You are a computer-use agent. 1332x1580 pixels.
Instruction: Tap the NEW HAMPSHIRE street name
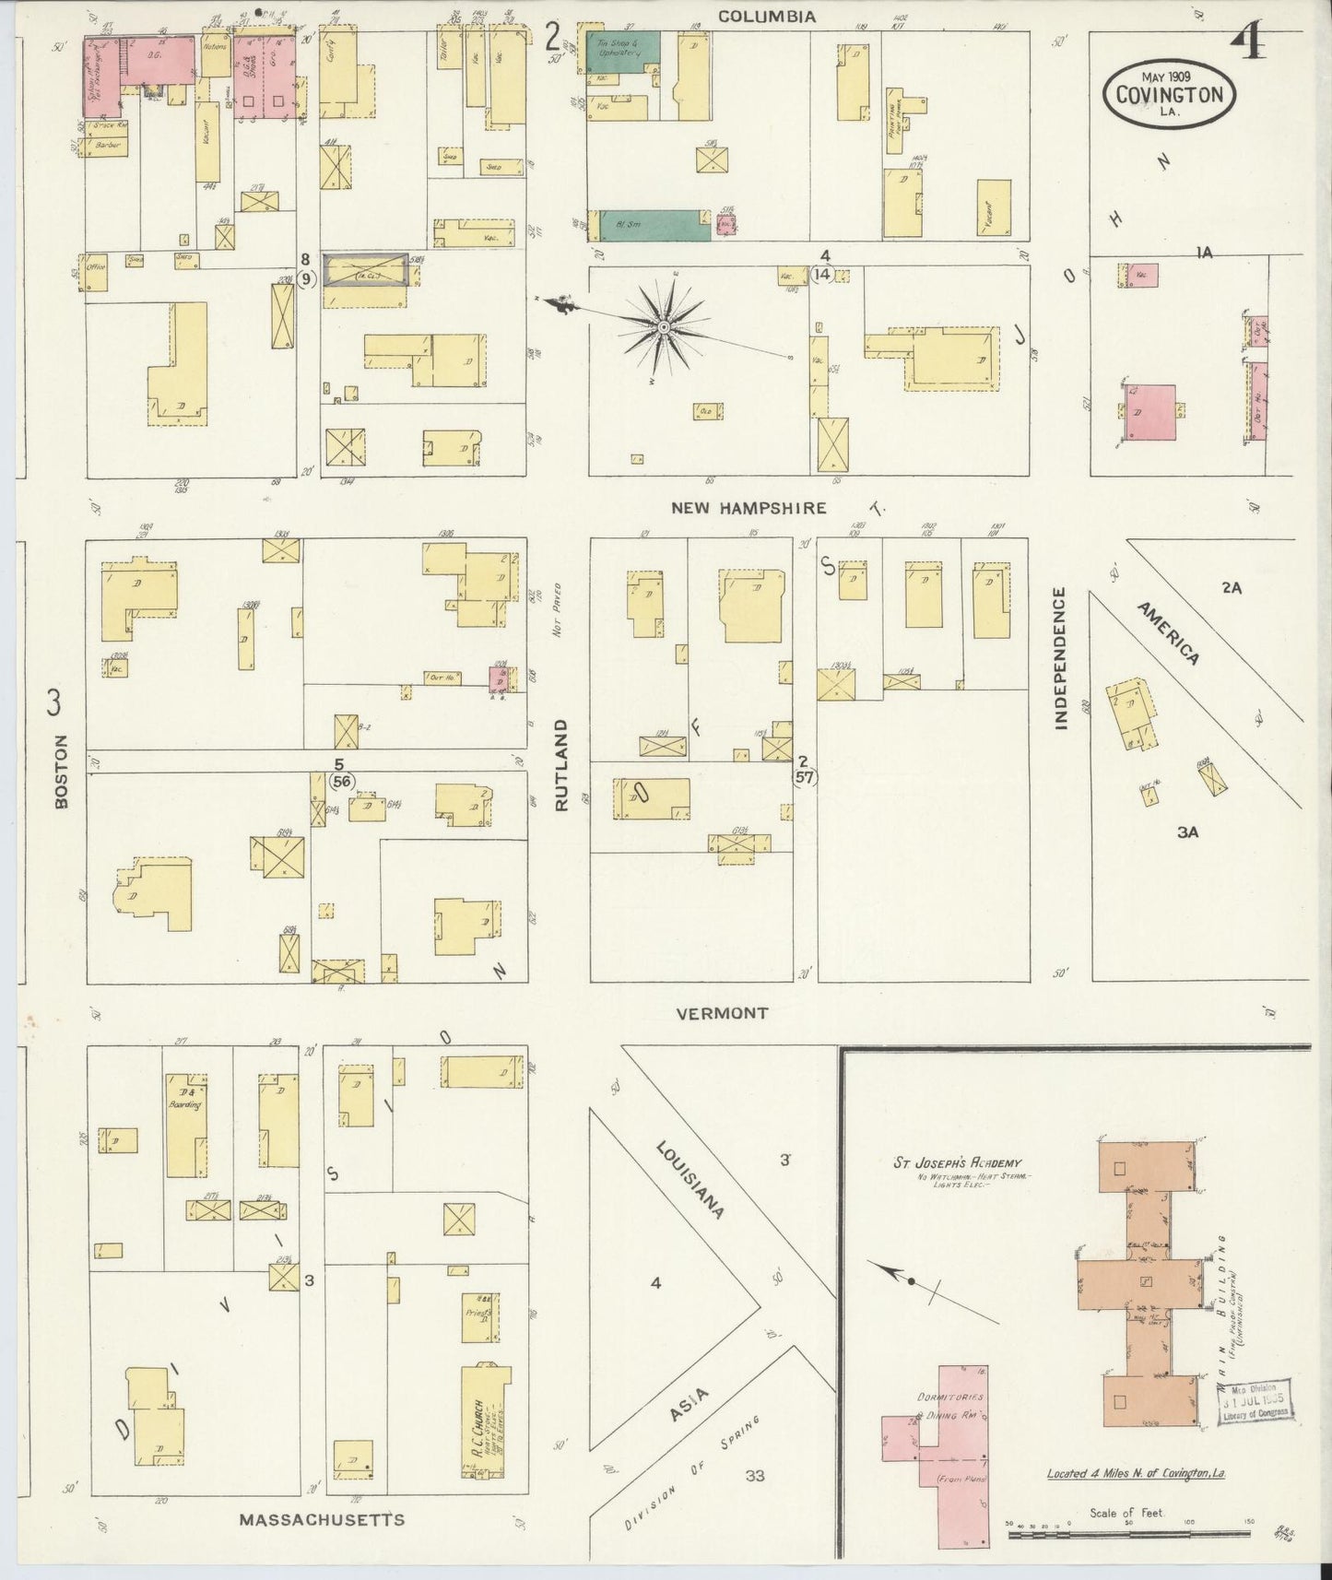(x=749, y=508)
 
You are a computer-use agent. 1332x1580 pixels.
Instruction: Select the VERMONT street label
(x=722, y=1013)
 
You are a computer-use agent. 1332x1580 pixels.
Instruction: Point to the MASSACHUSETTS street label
(x=322, y=1519)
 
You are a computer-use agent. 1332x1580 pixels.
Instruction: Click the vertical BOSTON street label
(x=62, y=772)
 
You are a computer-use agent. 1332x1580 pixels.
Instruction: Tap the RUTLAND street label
(x=561, y=765)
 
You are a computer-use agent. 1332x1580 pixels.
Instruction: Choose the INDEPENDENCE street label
(x=1060, y=658)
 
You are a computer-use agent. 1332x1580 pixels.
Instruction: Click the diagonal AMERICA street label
(x=1168, y=633)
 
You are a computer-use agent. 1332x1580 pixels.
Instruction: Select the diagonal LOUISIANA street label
(x=690, y=1179)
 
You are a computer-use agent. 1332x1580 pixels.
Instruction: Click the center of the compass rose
(x=663, y=327)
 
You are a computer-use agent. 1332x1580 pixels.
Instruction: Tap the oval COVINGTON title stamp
(x=1170, y=94)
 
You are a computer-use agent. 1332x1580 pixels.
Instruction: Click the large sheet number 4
(x=1250, y=41)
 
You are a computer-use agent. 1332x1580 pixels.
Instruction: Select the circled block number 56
(x=342, y=781)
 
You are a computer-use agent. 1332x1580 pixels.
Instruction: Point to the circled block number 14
(x=823, y=274)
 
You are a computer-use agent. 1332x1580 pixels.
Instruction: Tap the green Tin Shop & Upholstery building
(x=624, y=53)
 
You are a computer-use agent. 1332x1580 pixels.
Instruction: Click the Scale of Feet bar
(x=1127, y=1535)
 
